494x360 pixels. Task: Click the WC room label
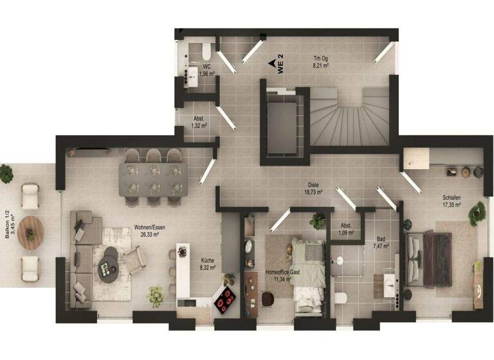click(206, 70)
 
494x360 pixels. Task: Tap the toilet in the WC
click(203, 50)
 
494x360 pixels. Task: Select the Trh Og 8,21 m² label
click(321, 60)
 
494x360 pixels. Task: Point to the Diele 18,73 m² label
click(314, 188)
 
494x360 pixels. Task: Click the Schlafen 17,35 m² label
click(451, 202)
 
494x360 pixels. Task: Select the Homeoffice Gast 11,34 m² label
click(282, 275)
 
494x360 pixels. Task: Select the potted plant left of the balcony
click(6, 173)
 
